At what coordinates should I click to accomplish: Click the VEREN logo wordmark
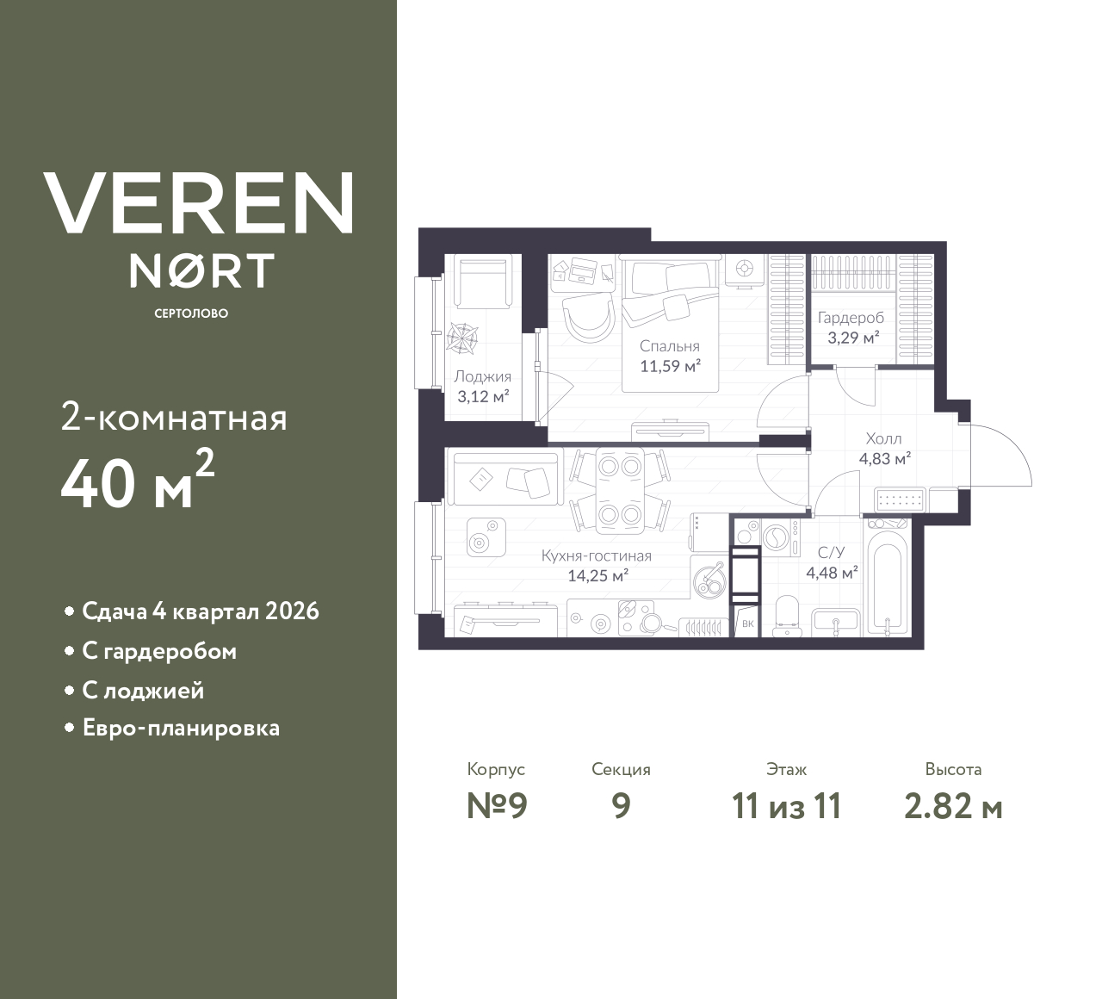[x=199, y=203]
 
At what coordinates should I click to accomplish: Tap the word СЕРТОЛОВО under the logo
[x=191, y=313]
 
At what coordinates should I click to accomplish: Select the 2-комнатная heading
[x=174, y=419]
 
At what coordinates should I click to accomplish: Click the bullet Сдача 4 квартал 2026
[x=200, y=611]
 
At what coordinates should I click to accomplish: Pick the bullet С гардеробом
[x=159, y=651]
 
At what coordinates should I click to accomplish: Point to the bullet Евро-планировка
[x=181, y=728]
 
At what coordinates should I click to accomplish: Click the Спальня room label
[x=669, y=346]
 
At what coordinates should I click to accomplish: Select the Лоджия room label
[x=482, y=376]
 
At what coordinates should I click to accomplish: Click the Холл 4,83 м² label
[x=884, y=449]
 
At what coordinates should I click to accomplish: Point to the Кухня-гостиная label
[x=596, y=555]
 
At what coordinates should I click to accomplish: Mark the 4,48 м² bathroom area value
[x=831, y=572]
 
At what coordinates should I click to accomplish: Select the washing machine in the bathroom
[x=777, y=536]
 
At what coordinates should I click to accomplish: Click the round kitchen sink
[x=711, y=579]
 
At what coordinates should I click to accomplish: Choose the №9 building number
[x=496, y=806]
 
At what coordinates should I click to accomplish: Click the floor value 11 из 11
[x=786, y=806]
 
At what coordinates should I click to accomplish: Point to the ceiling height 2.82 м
[x=953, y=806]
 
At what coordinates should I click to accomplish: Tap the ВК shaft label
[x=746, y=624]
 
